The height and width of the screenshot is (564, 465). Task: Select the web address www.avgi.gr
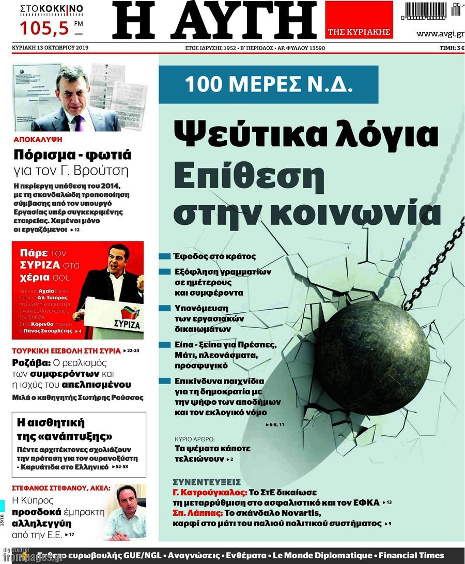coord(439,34)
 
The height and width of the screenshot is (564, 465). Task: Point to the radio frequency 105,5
coord(44,28)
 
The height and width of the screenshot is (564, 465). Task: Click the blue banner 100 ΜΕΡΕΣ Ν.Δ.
coord(269,84)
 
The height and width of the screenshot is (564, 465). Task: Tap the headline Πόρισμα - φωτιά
coord(72,155)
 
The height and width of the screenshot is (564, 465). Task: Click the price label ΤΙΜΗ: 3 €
coord(448,48)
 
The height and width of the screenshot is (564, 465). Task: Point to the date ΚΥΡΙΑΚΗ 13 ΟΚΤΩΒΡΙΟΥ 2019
coord(50,48)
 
